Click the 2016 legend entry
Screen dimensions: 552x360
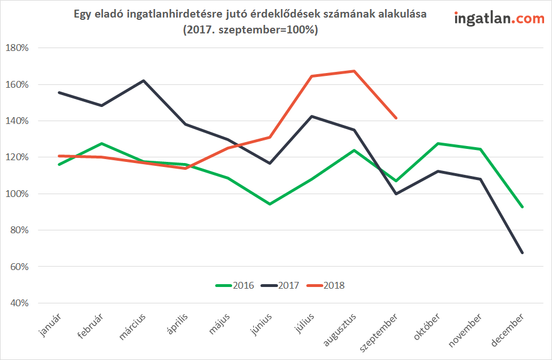click(235, 285)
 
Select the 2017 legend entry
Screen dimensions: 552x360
click(280, 285)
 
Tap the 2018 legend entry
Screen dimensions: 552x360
click(326, 285)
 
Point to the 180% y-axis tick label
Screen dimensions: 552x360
click(17, 48)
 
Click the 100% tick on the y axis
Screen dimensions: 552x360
click(17, 194)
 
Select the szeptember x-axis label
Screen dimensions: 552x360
click(379, 333)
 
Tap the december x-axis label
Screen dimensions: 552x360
click(507, 330)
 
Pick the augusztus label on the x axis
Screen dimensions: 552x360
click(340, 330)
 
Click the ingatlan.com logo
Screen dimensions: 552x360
click(499, 18)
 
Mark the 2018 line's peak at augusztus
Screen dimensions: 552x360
click(354, 71)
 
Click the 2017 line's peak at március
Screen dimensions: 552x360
click(143, 80)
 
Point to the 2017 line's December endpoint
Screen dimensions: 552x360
click(522, 252)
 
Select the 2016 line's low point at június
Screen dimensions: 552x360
click(269, 204)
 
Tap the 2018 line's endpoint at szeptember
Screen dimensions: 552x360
click(396, 118)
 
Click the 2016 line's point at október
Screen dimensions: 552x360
click(438, 143)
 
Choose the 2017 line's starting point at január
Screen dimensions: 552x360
click(59, 93)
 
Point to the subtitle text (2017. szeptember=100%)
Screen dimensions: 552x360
click(250, 29)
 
